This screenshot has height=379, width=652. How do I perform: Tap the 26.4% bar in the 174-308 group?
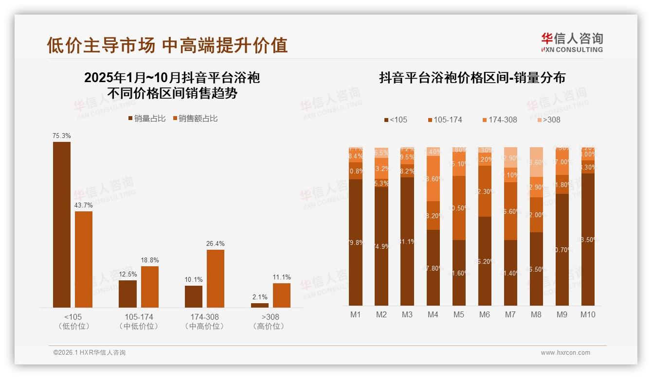(x=216, y=278)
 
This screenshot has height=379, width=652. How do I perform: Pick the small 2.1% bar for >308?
(x=260, y=305)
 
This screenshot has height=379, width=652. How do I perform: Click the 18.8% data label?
(x=150, y=260)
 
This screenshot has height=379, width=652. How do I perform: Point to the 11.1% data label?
(x=282, y=277)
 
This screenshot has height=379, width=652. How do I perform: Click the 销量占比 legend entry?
(x=146, y=118)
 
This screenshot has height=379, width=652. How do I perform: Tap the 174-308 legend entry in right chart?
(x=499, y=120)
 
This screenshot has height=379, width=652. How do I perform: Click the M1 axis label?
(x=356, y=314)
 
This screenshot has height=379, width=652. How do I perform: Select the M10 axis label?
(x=588, y=314)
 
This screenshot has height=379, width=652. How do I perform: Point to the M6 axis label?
(x=485, y=314)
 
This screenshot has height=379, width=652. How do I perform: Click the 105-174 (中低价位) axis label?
(x=139, y=321)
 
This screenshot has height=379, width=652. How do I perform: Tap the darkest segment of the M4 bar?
(x=433, y=267)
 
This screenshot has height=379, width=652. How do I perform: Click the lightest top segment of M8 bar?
(x=536, y=162)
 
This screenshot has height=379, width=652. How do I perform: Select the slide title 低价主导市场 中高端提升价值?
(x=167, y=45)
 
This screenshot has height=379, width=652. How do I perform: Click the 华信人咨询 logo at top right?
(x=572, y=42)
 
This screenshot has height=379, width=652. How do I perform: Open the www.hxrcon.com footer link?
(x=565, y=353)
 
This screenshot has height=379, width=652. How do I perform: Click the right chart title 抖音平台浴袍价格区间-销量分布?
(x=472, y=78)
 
